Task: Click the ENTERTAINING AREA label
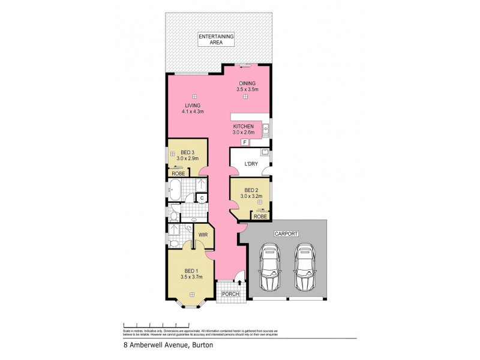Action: coord(218,40)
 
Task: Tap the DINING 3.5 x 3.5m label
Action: coord(247,86)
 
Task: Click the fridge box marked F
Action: coord(244,142)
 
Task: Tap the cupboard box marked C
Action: coord(202,197)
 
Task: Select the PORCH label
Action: coord(230,294)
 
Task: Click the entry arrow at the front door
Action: coord(241,280)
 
